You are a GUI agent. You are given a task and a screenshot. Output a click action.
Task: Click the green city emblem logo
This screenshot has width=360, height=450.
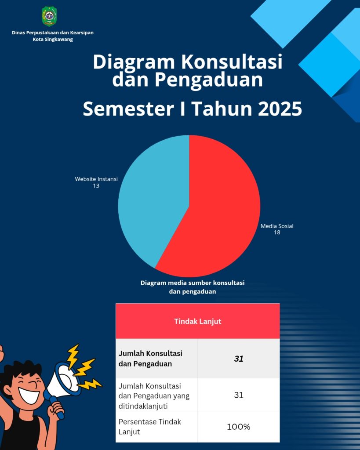49,16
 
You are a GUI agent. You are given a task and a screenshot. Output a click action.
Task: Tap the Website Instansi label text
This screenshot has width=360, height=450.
96,179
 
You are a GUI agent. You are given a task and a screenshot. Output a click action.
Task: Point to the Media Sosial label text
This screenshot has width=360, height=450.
277,226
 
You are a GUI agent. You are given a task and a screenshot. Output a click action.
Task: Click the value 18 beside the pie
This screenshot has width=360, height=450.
277,232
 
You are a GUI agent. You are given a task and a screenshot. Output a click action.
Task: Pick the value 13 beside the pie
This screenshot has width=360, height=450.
96,186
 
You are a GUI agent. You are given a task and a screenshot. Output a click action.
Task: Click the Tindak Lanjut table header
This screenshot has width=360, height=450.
197,321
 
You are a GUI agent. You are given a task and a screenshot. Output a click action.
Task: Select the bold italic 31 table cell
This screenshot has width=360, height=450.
239,359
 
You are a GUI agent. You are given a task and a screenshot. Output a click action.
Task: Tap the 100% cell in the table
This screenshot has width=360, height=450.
239,426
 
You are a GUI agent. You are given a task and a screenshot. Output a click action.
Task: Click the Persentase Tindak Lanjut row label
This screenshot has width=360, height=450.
150,426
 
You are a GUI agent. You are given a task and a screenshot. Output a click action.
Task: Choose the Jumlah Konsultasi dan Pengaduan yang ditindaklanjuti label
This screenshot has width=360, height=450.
154,395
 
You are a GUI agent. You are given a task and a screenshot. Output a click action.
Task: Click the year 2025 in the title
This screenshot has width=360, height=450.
280,109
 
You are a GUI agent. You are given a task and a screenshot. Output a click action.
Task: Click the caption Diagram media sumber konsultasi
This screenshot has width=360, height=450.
193,283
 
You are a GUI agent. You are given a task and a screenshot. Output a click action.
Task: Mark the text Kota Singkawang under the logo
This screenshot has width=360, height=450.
53,39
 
